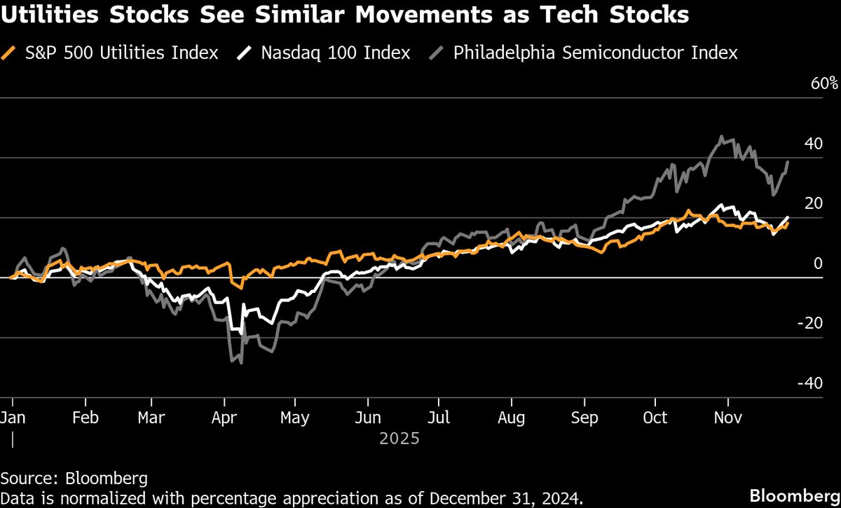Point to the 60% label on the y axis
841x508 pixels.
tap(824, 83)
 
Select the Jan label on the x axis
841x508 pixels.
tap(13, 418)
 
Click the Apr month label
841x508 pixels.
tap(224, 418)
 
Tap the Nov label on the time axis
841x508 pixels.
tap(728, 418)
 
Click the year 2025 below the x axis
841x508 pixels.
tap(399, 439)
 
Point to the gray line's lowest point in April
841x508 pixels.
tap(241, 362)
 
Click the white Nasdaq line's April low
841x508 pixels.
tap(242, 334)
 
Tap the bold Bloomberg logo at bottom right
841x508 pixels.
tap(794, 495)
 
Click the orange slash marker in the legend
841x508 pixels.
tap(9, 53)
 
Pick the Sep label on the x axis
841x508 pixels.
tap(584, 418)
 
